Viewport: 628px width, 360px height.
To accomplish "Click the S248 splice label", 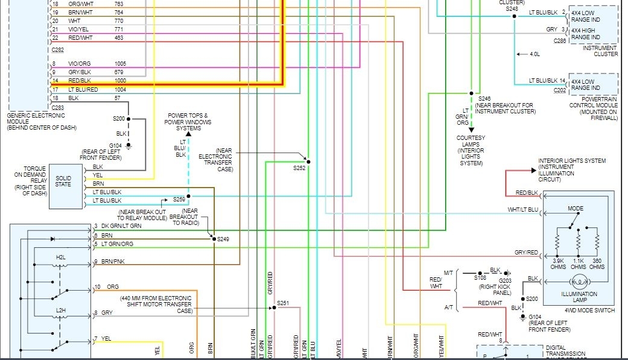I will pos(512,9).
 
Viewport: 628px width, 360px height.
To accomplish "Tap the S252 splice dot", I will pos(308,161).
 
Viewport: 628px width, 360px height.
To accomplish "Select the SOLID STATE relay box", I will pos(63,181).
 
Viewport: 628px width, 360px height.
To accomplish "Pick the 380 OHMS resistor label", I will pos(597,264).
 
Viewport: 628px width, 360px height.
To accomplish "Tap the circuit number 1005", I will pos(121,63).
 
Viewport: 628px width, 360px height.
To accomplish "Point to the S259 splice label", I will pos(179,199).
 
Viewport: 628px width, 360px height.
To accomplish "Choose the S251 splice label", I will pos(283,303).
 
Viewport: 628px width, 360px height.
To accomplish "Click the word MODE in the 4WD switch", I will pos(576,209).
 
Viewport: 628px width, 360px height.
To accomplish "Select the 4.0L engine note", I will pos(534,54).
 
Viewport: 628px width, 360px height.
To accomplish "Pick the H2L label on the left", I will pos(61,257).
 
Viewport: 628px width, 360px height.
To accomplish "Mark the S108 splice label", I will pos(481,279).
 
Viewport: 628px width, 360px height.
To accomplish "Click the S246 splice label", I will pos(485,98).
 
